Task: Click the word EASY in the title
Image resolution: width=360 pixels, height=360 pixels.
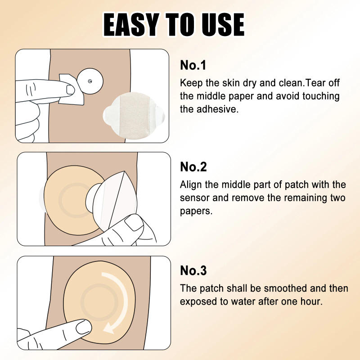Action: pyautogui.click(x=131, y=25)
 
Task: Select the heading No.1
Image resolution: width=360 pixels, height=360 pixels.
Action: pyautogui.click(x=193, y=65)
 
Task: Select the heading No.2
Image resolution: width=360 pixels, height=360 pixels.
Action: pyautogui.click(x=193, y=167)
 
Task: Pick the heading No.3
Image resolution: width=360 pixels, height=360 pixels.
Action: pyautogui.click(x=193, y=270)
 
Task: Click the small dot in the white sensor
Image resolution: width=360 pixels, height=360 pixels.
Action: pyautogui.click(x=90, y=81)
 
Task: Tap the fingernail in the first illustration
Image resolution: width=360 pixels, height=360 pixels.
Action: pyautogui.click(x=70, y=90)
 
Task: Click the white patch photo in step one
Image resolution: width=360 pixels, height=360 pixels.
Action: pyautogui.click(x=134, y=116)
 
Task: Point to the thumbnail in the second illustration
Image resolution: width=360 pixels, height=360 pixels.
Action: pyautogui.click(x=134, y=222)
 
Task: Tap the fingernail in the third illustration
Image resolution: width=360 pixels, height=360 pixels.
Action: pyautogui.click(x=83, y=327)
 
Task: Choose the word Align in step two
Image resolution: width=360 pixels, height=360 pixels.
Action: pyautogui.click(x=191, y=185)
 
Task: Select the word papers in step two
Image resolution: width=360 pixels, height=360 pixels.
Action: pyautogui.click(x=196, y=211)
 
